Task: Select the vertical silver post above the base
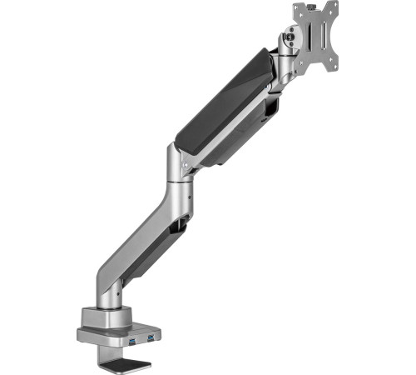[x=116, y=296]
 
